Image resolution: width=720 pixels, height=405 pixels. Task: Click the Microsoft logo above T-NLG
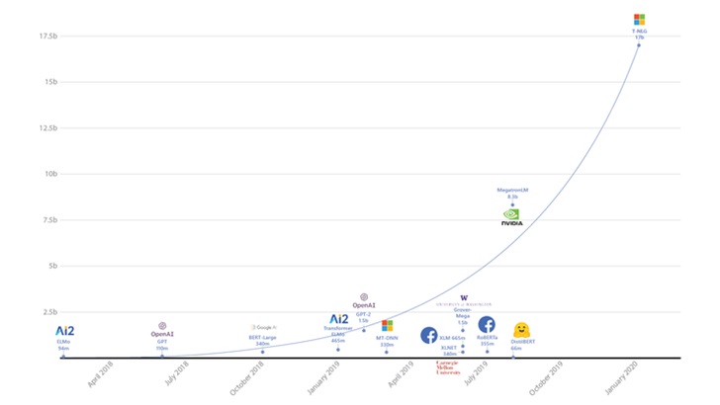click(639, 19)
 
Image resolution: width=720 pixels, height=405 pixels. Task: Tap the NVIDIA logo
click(511, 216)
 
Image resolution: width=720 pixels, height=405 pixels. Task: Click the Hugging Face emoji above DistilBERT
click(521, 330)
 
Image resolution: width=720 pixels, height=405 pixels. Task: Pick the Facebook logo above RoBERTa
click(487, 324)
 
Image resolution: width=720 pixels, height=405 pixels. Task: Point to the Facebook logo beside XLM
click(429, 335)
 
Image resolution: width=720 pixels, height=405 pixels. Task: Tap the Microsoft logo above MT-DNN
click(387, 325)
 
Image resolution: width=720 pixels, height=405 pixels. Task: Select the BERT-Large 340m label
click(263, 340)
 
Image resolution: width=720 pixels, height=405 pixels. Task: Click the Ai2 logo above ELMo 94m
click(64, 330)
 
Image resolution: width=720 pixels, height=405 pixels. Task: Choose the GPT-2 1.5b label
click(362, 317)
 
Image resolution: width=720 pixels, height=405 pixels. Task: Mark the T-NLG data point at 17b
click(639, 45)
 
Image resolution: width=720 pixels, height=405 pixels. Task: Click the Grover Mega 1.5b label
click(463, 316)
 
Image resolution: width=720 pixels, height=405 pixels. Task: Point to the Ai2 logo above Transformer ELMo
click(338, 319)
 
